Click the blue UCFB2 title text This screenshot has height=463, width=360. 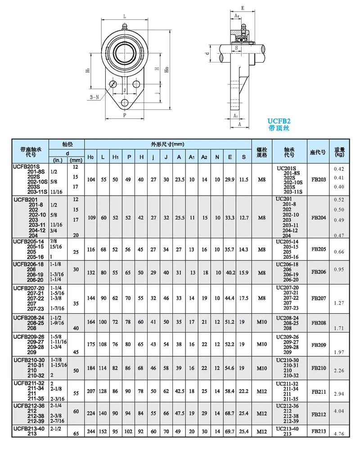(279, 121)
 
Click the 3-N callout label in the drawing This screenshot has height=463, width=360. (94, 97)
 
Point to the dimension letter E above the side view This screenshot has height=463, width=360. (242, 8)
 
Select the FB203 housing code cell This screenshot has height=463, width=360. (318, 179)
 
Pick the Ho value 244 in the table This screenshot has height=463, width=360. (90, 432)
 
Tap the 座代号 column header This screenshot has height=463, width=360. (318, 152)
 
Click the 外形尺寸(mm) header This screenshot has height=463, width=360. (168, 144)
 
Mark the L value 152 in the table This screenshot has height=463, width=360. (103, 432)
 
